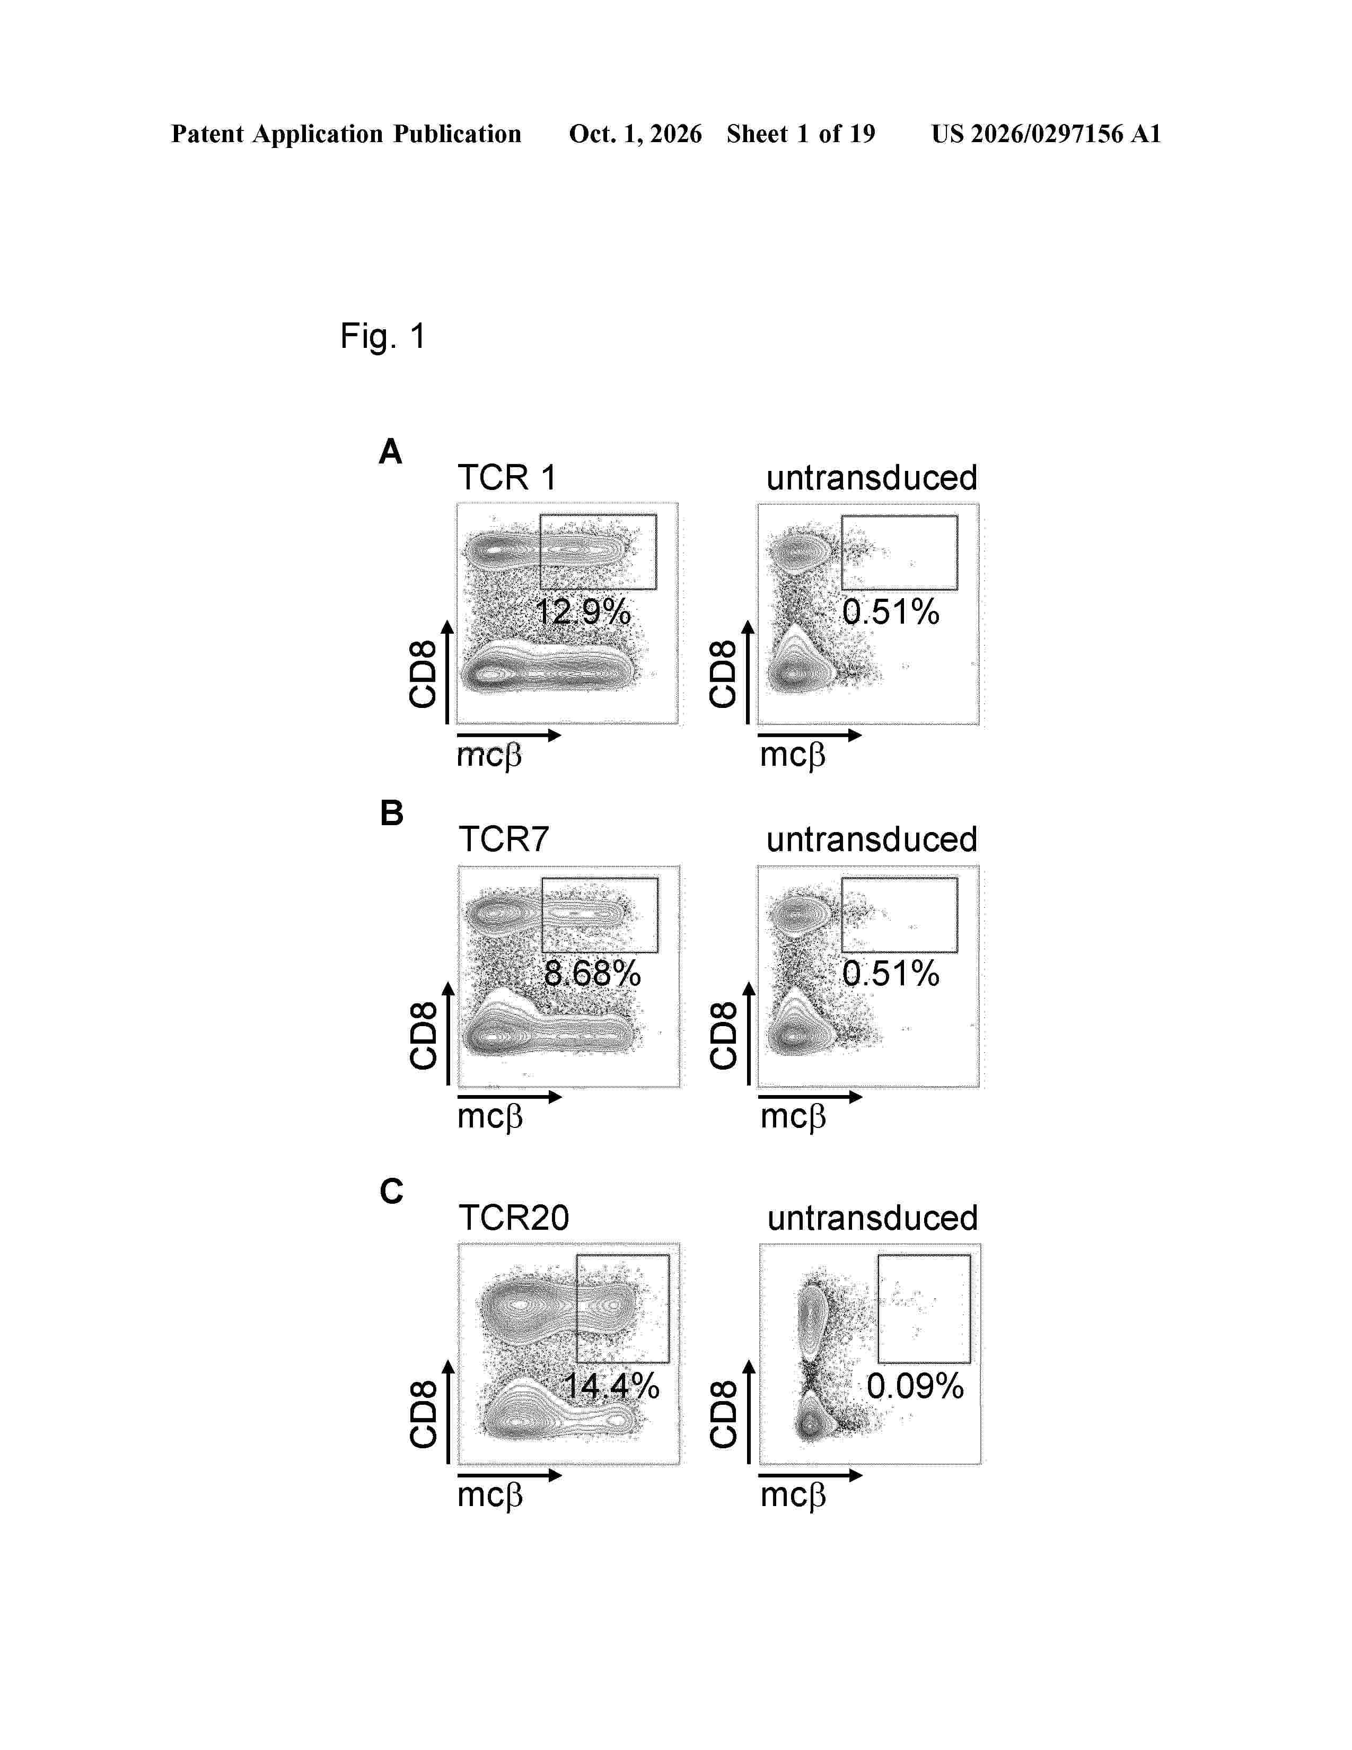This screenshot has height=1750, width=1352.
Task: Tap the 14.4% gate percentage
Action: pyautogui.click(x=611, y=1386)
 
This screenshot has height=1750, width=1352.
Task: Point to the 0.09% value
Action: pyautogui.click(x=915, y=1386)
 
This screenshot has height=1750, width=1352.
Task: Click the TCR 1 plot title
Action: pyautogui.click(x=506, y=478)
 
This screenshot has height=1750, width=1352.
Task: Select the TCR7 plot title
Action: pyautogui.click(x=504, y=840)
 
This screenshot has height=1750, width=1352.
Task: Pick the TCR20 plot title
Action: pyautogui.click(x=513, y=1218)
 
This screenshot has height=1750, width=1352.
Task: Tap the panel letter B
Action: pyautogui.click(x=392, y=813)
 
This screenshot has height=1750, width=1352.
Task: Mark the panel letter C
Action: pyautogui.click(x=392, y=1192)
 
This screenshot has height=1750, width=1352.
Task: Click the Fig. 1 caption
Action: pyautogui.click(x=382, y=337)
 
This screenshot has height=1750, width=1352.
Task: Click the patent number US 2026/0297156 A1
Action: pyautogui.click(x=1046, y=134)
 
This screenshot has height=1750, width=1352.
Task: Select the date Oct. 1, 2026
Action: pyautogui.click(x=635, y=134)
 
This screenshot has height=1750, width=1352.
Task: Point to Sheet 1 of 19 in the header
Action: pyautogui.click(x=801, y=134)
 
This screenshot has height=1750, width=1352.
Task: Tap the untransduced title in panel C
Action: pyautogui.click(x=872, y=1218)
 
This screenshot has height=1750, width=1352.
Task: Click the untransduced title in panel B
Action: pyautogui.click(x=872, y=840)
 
